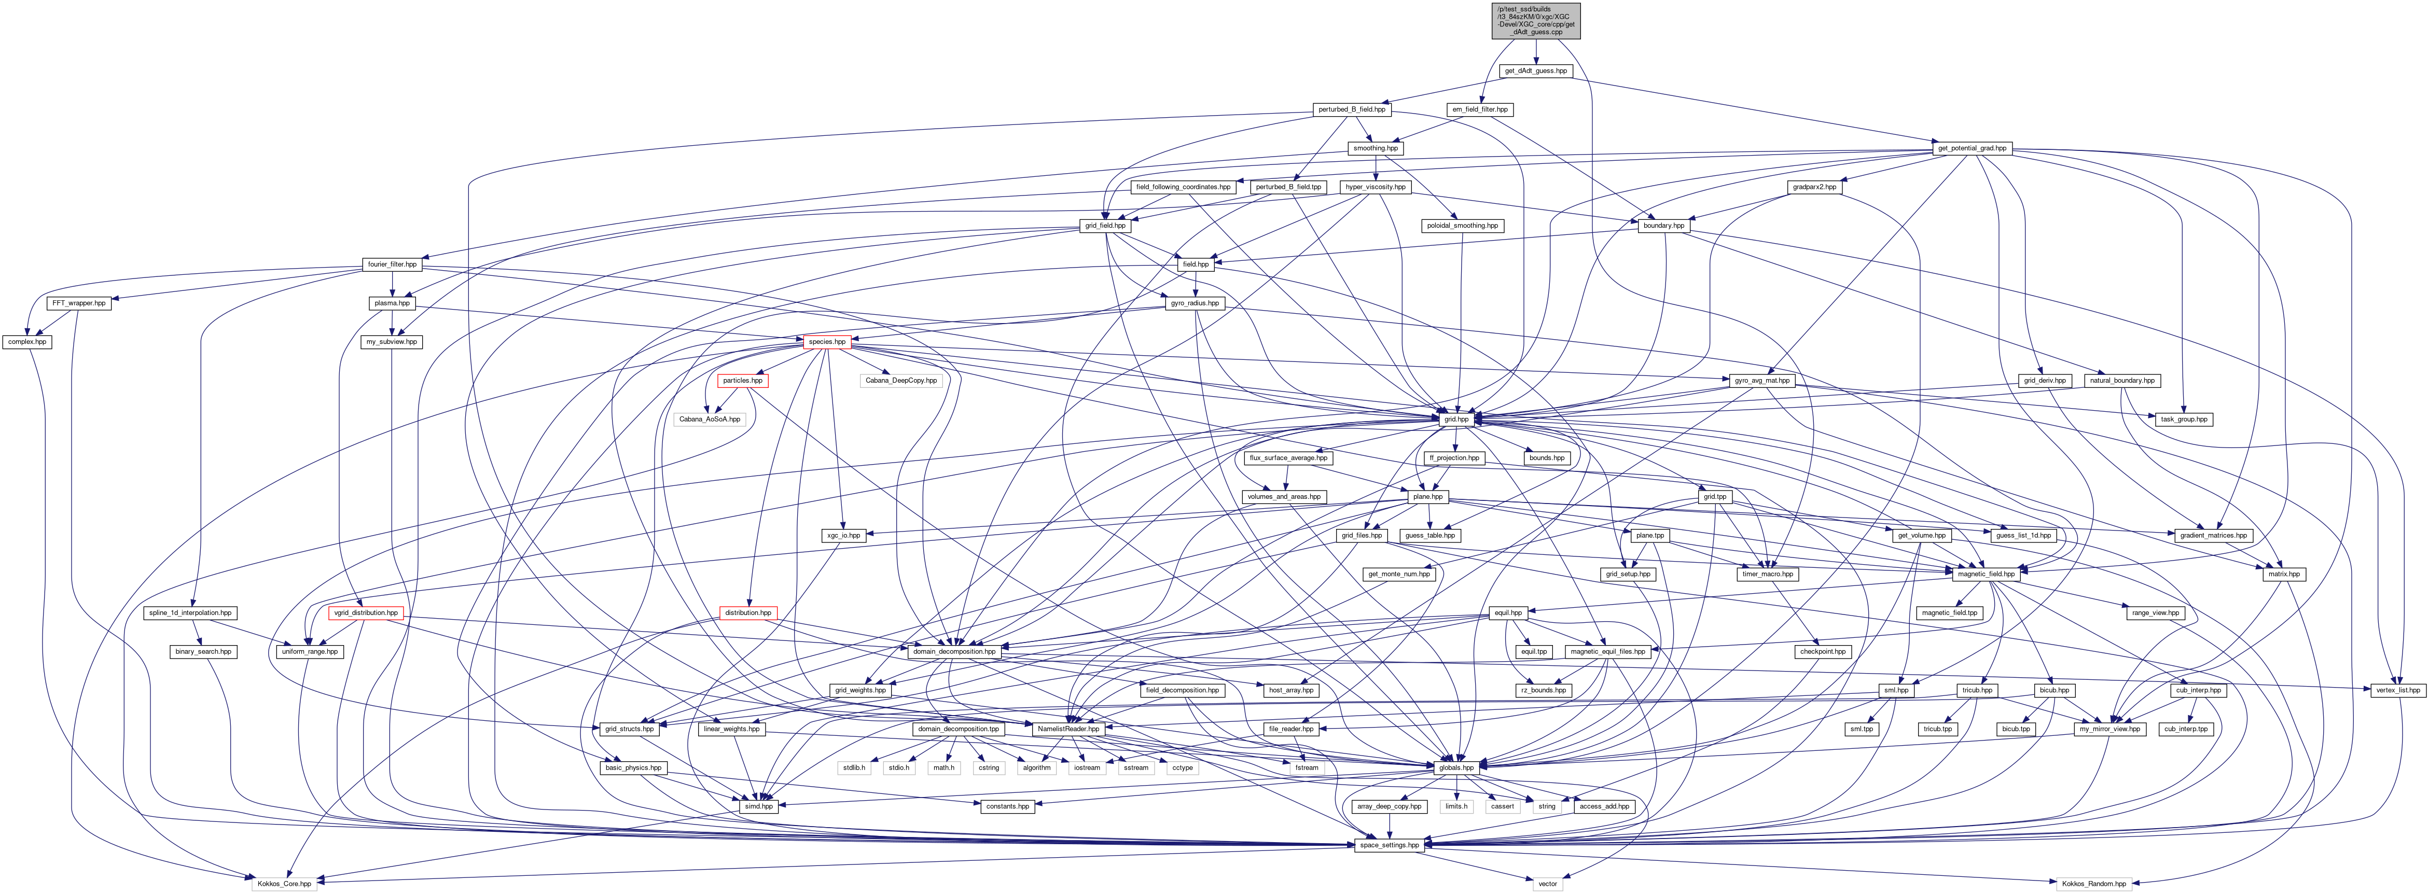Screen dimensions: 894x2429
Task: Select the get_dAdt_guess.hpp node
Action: click(1535, 71)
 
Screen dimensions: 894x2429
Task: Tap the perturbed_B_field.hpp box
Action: click(1351, 109)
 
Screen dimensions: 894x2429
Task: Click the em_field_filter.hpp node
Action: click(1479, 109)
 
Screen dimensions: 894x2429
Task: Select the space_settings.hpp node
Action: click(1389, 845)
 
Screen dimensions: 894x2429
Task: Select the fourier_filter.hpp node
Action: click(391, 264)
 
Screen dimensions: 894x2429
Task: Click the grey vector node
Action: click(1547, 884)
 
